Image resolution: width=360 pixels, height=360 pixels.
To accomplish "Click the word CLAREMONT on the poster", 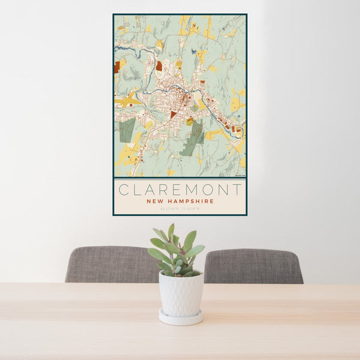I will pos(180,190).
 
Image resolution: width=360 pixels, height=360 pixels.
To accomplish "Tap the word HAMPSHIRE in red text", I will pos(191,202).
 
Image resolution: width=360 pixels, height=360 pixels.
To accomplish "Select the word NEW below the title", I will pos(155,202).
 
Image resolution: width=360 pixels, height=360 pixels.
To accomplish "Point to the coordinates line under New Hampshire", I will pos(180,209).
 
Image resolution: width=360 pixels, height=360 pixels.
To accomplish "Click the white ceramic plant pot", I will pos(181,294).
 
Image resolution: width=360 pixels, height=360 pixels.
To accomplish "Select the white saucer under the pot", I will pos(181,317).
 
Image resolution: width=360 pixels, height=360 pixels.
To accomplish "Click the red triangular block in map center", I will pos(174,114).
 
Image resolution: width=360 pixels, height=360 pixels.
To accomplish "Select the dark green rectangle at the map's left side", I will pos(127,130).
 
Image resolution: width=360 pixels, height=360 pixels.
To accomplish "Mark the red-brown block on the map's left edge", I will pos(117,67).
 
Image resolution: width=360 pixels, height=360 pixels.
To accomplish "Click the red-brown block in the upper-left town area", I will pos(159,66).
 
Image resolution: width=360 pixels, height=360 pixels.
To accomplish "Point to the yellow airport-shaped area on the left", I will pos(127,101).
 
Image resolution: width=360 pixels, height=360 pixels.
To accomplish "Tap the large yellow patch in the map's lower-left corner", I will pos(126,157).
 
